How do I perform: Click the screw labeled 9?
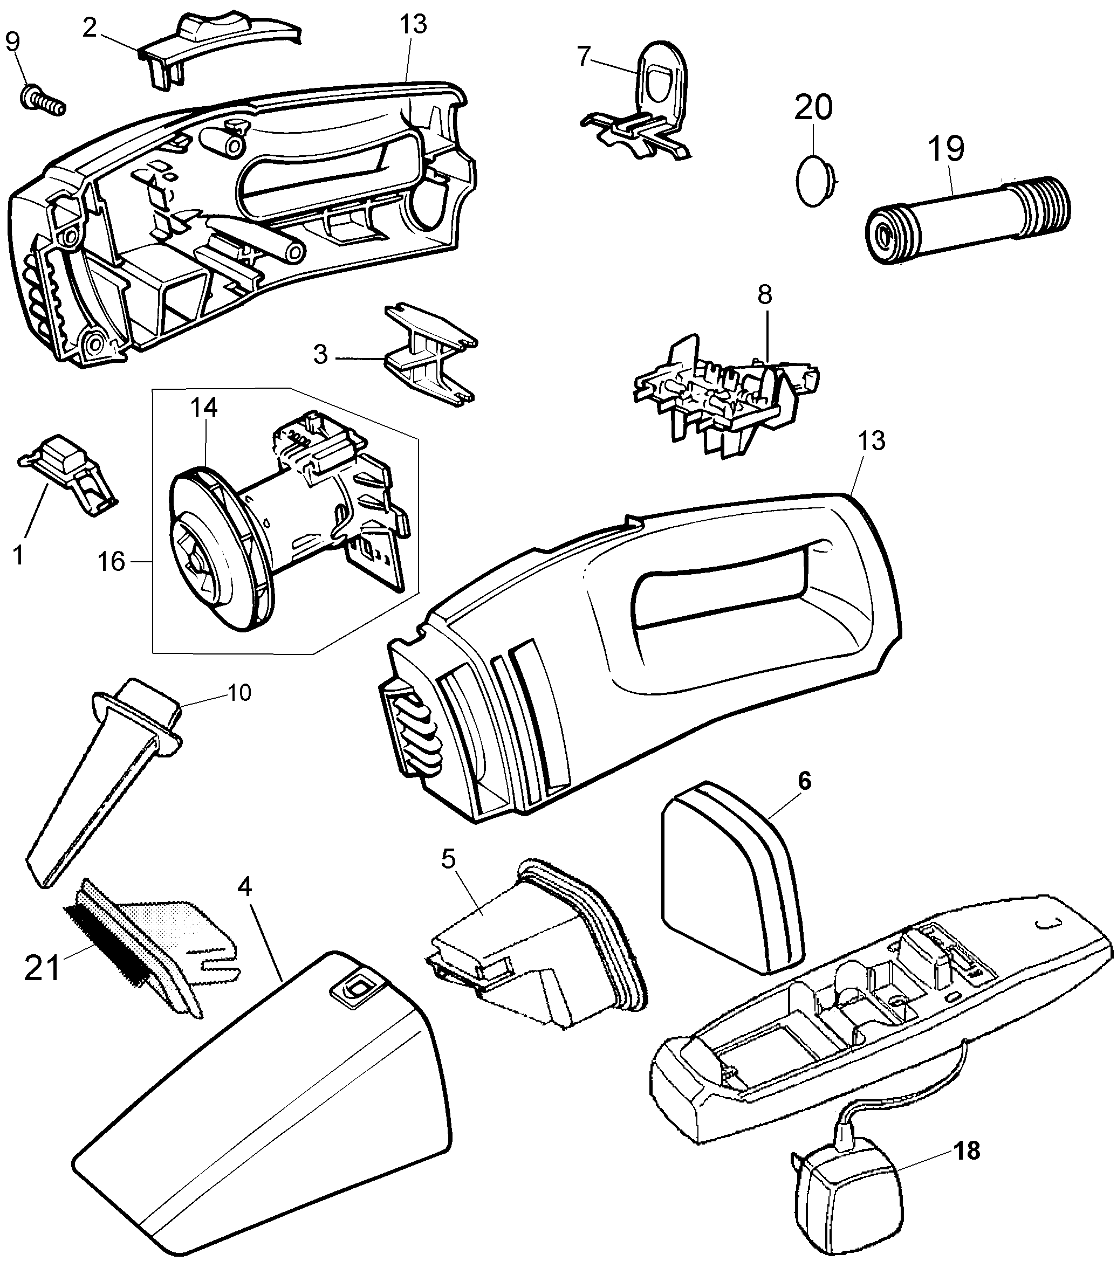point(42,100)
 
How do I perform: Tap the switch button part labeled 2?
point(219,52)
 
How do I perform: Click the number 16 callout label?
point(112,562)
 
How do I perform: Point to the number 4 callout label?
point(245,887)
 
